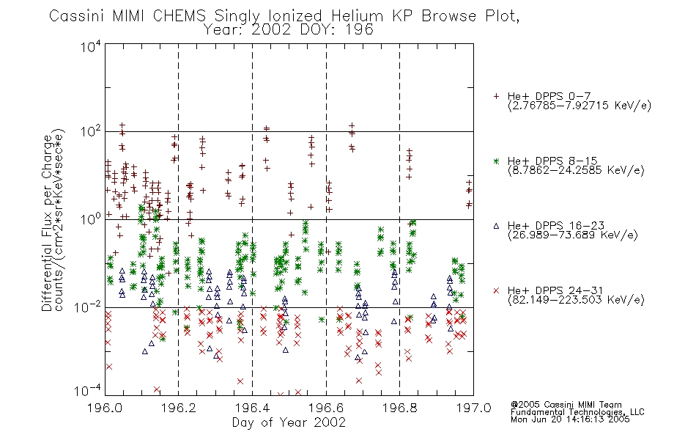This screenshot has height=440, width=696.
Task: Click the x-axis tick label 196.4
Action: point(253,408)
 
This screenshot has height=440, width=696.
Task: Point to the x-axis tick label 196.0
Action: point(105,408)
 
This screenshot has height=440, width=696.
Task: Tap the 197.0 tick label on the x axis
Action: point(473,408)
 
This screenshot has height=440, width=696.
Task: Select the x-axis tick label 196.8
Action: point(399,408)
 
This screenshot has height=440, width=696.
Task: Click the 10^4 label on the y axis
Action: point(91,47)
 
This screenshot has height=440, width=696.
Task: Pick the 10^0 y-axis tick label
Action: point(91,219)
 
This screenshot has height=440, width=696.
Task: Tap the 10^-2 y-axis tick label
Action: point(88,307)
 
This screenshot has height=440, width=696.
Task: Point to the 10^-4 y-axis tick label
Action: point(88,391)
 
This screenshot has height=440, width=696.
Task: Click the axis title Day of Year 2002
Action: point(289,422)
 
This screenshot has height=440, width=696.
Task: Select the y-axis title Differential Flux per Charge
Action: point(47,224)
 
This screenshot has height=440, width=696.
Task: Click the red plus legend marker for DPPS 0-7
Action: point(496,96)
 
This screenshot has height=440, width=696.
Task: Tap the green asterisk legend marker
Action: point(496,161)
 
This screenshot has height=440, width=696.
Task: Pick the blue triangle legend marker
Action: point(496,226)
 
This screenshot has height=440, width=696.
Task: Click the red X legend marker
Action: point(496,290)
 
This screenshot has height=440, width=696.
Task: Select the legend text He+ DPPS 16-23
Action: point(556,226)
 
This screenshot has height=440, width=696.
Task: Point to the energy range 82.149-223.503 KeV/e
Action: point(576,300)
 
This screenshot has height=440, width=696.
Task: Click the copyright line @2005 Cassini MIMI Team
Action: point(566,405)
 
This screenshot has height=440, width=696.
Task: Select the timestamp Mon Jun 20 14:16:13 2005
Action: point(570,419)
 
